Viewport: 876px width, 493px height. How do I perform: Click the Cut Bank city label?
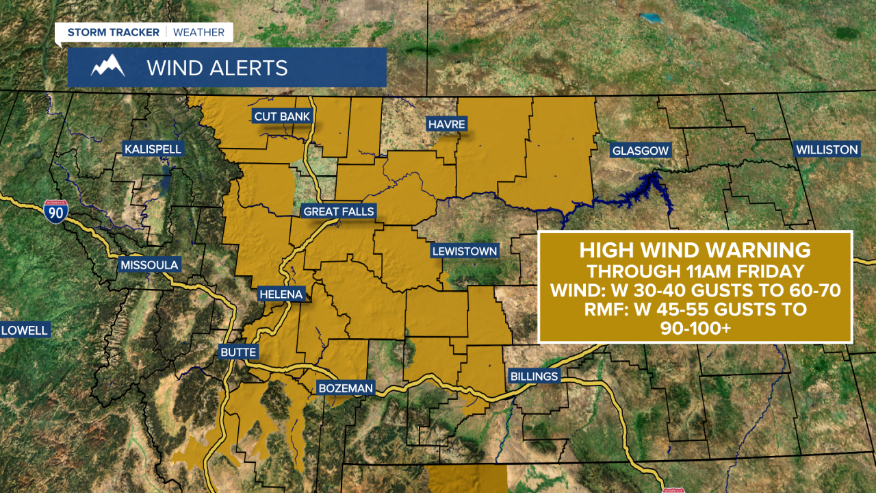282,116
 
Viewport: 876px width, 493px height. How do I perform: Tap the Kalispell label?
153,149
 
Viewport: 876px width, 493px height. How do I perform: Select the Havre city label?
446,124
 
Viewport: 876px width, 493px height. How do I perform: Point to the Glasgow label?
640,150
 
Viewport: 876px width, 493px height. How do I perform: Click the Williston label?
827,149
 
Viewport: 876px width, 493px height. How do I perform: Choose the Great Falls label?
339,212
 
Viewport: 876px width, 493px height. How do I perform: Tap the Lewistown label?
464,251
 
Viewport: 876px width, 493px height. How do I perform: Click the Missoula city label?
149,265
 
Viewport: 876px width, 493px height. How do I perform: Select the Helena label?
281,294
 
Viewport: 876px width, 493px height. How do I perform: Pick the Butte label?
238,352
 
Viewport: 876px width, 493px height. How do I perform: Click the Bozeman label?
346,388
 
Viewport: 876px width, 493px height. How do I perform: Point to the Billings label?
534,376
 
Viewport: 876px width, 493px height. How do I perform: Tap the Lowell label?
25,330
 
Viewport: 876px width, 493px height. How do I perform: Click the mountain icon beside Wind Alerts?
108,67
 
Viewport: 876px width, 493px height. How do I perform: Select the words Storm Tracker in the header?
113,32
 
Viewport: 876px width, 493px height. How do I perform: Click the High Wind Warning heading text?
695,249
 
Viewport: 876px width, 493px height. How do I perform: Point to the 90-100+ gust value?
695,328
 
